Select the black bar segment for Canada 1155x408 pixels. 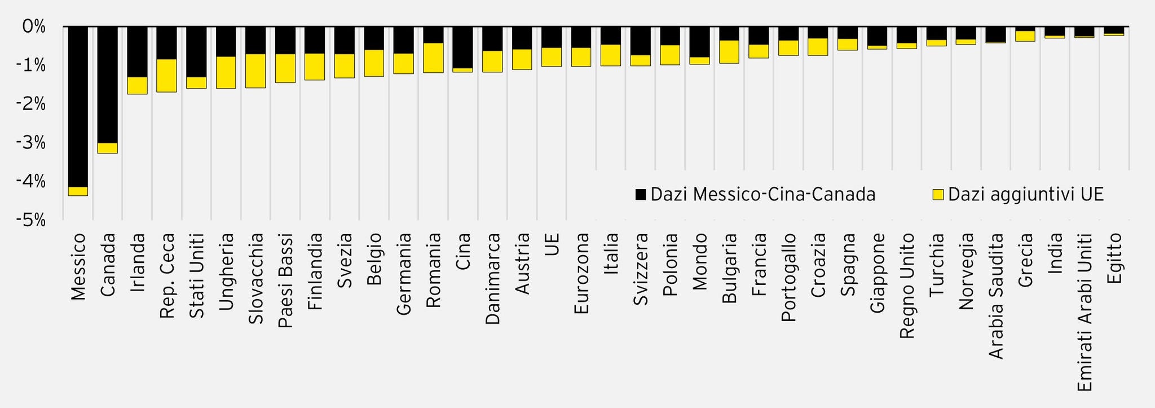click(x=108, y=85)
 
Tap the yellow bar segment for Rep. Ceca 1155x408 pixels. click(x=166, y=76)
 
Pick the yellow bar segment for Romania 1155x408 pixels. click(x=433, y=58)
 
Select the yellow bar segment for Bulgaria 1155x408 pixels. click(x=729, y=51)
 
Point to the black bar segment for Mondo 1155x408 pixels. click(x=699, y=42)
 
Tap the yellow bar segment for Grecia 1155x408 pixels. click(x=1025, y=36)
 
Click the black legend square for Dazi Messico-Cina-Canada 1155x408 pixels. click(x=641, y=195)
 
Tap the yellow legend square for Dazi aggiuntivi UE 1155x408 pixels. click(x=938, y=195)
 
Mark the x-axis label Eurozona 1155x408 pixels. click(x=581, y=274)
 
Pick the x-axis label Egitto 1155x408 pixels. click(x=1114, y=260)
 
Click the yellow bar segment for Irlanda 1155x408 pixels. click(x=137, y=85)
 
